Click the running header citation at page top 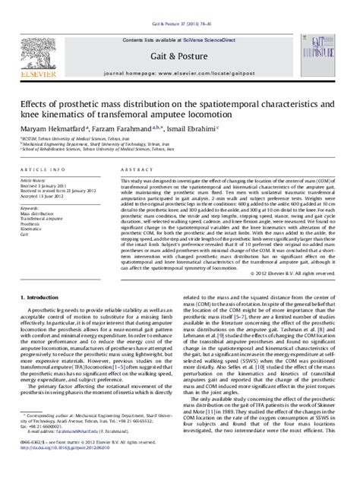tap(179, 5)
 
